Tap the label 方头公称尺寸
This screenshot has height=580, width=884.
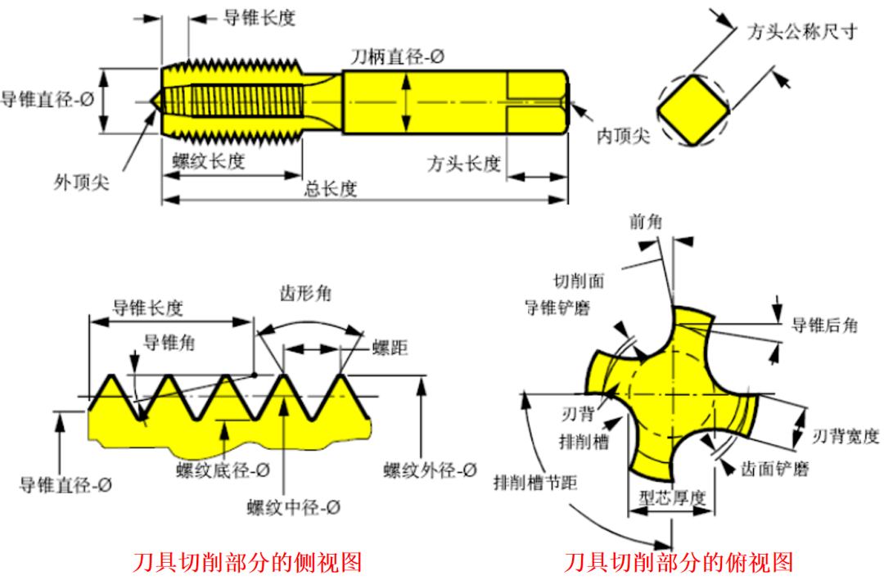tap(802, 32)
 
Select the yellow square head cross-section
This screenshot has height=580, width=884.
tap(693, 109)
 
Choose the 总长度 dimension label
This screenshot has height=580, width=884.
tap(331, 189)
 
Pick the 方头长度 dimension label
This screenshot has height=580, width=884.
tap(463, 164)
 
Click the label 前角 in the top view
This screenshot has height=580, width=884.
tap(646, 222)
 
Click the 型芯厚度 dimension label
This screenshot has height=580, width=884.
tap(672, 498)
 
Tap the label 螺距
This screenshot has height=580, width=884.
tap(390, 349)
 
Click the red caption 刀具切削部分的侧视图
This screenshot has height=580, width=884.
tap(247, 563)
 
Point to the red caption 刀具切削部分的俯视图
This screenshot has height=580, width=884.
tap(679, 563)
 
